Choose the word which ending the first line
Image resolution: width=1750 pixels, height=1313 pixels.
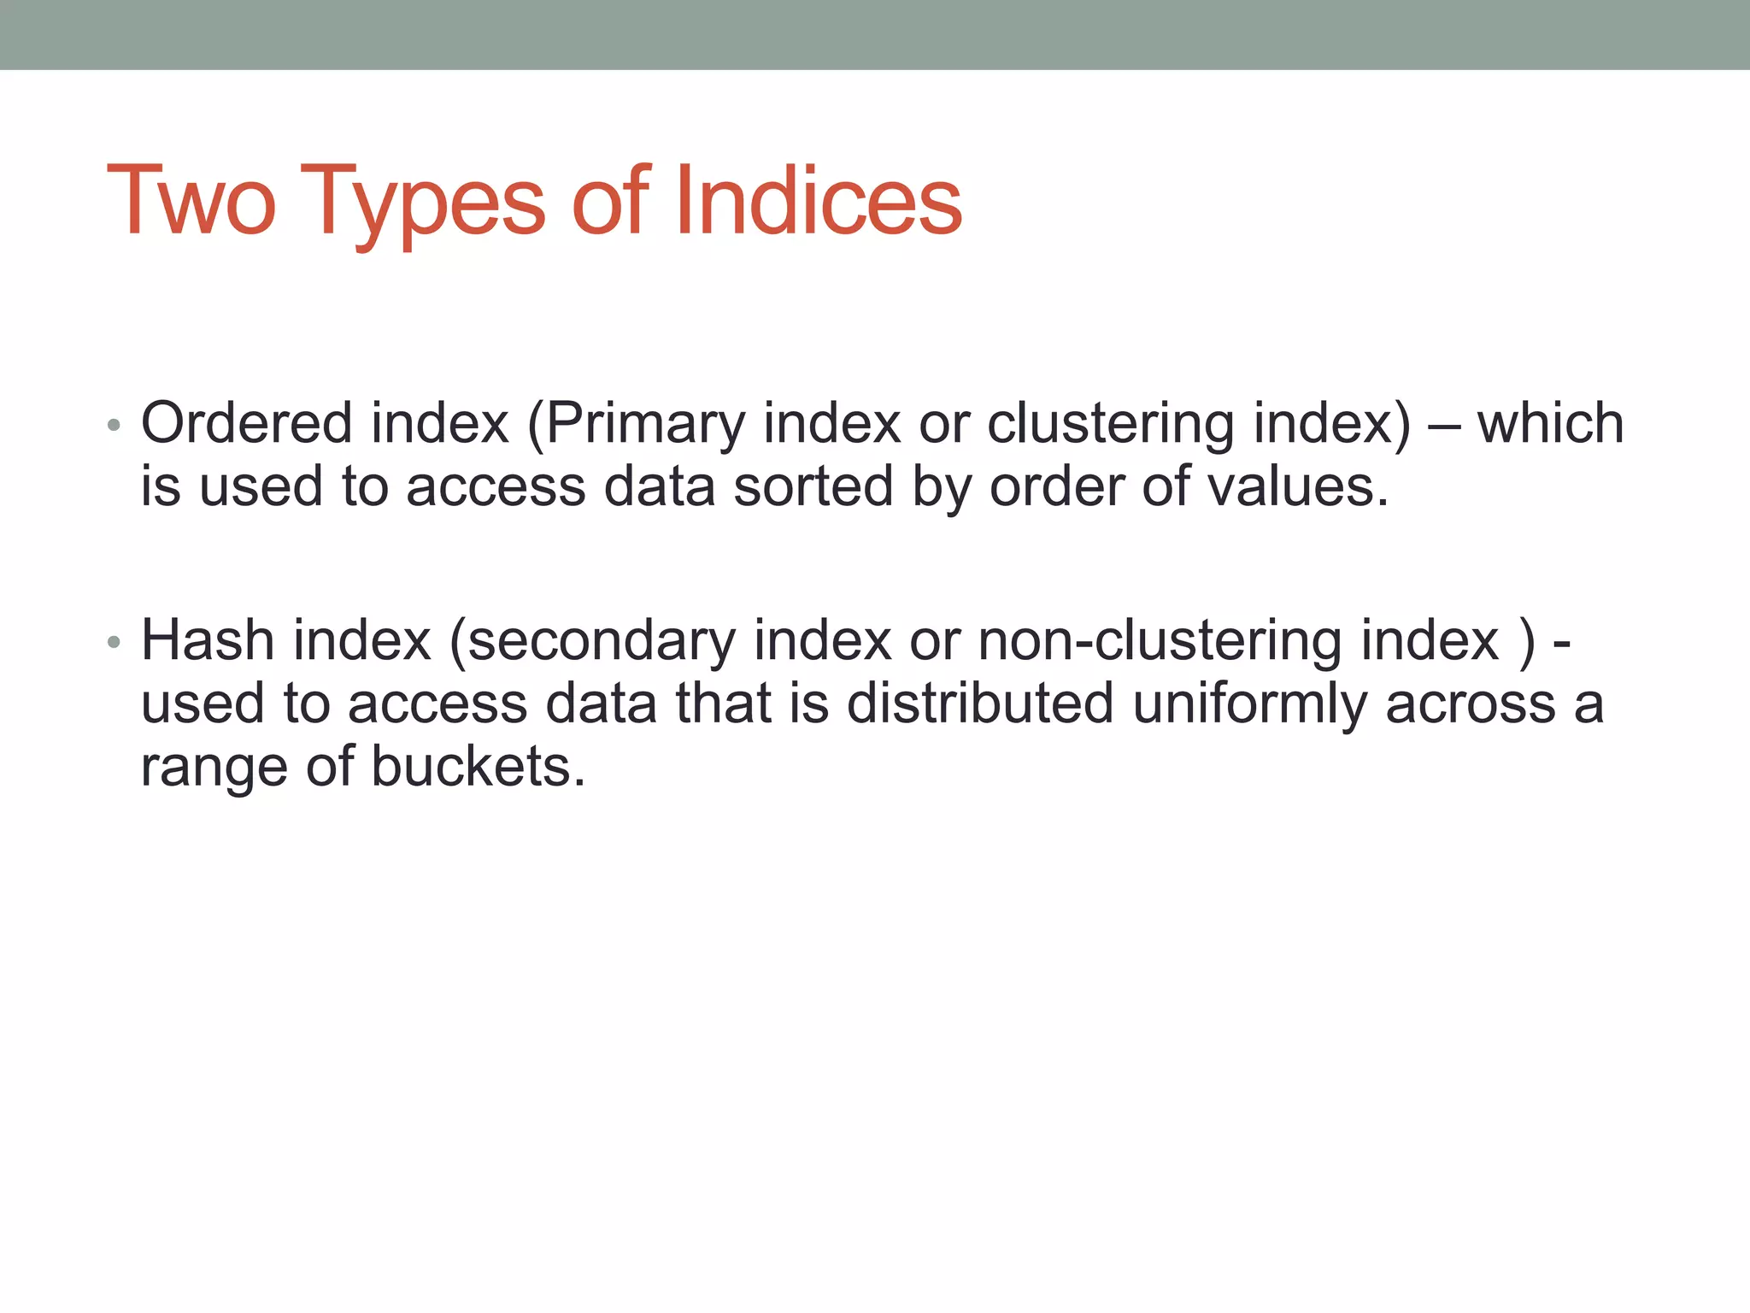click(1550, 423)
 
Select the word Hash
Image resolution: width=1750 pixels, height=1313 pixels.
click(207, 640)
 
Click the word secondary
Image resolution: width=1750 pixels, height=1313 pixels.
click(601, 642)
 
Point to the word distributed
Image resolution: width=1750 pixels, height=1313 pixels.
click(980, 704)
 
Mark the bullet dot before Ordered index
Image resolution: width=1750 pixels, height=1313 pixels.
click(115, 425)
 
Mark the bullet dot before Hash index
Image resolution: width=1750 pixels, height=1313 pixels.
click(115, 642)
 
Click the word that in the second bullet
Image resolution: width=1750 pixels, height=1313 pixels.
click(723, 704)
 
